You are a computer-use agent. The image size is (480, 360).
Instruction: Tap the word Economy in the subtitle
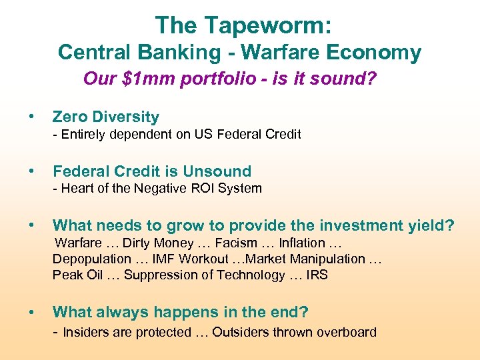pyautogui.click(x=379, y=52)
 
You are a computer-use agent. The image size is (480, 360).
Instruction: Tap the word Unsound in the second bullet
pyautogui.click(x=218, y=171)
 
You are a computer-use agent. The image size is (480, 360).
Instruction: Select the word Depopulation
pyautogui.click(x=92, y=259)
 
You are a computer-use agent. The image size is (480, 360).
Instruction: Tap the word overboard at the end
pyautogui.click(x=347, y=332)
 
